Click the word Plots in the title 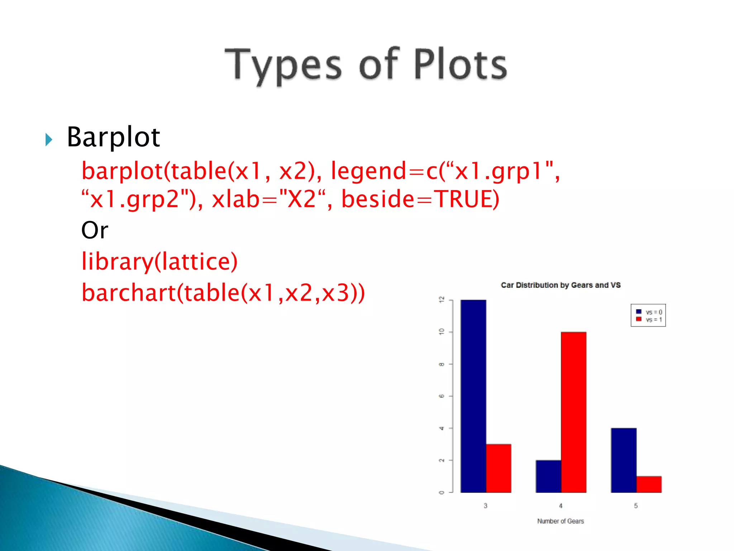[x=461, y=65]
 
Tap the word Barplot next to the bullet [x=113, y=137]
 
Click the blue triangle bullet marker [x=49, y=139]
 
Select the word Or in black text [x=95, y=230]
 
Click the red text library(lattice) [x=159, y=261]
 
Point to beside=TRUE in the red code [x=420, y=199]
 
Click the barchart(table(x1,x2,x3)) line [x=223, y=293]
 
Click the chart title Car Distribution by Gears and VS [x=561, y=285]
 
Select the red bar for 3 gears [x=499, y=468]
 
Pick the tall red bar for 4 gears [x=573, y=413]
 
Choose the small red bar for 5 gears [x=649, y=484]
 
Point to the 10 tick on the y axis [x=442, y=332]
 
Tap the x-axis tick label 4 [x=561, y=506]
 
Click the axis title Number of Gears [x=561, y=521]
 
